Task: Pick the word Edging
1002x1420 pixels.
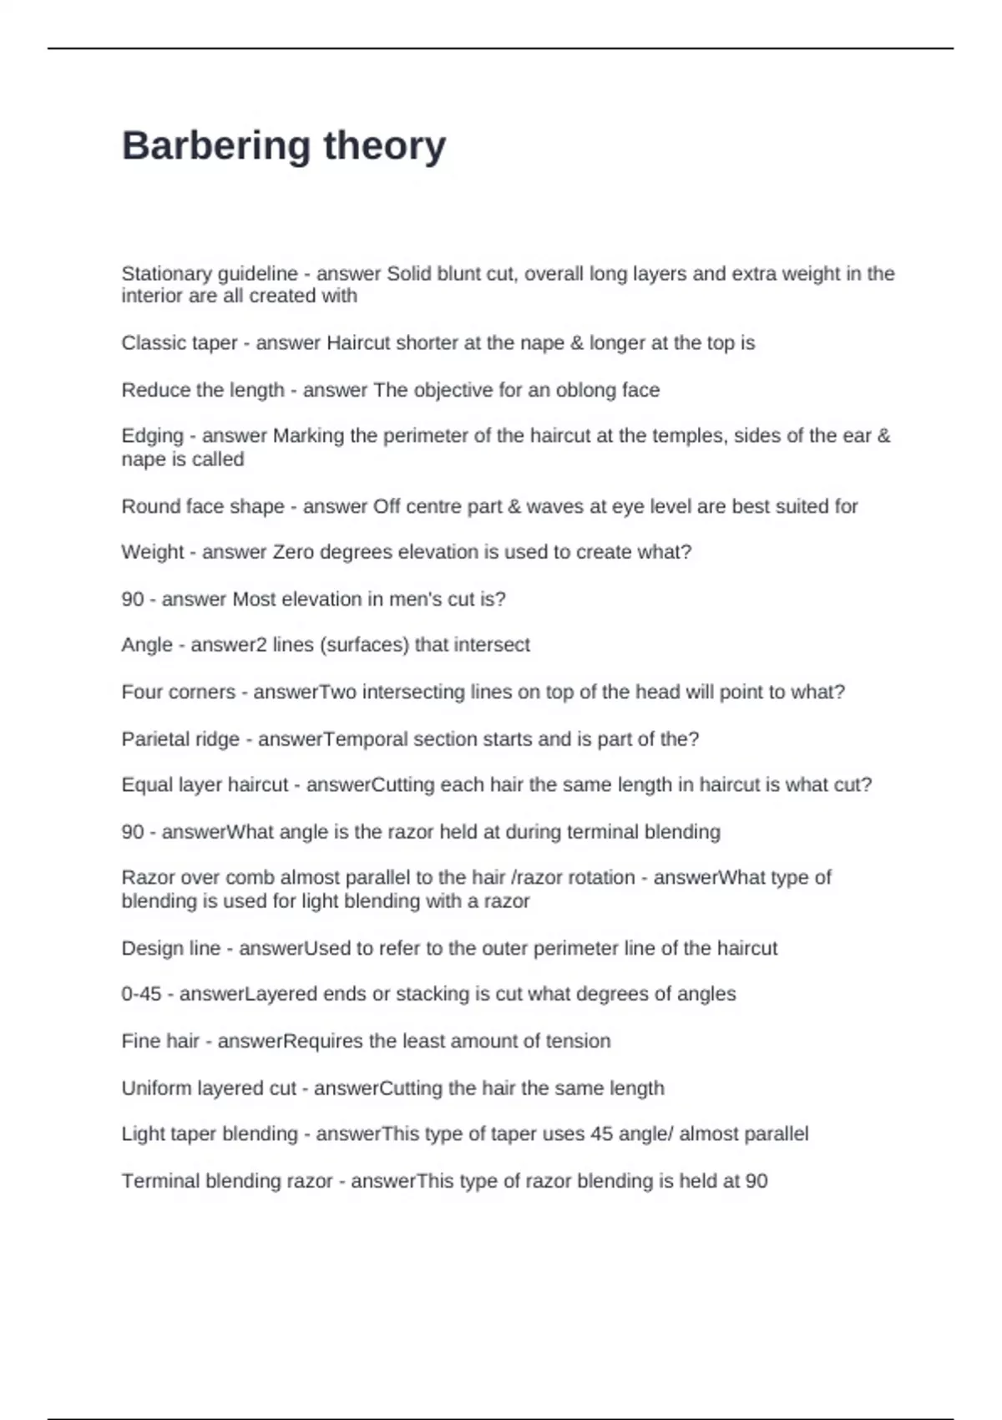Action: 152,436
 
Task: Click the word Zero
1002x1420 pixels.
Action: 293,552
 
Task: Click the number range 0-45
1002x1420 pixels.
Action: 141,994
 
